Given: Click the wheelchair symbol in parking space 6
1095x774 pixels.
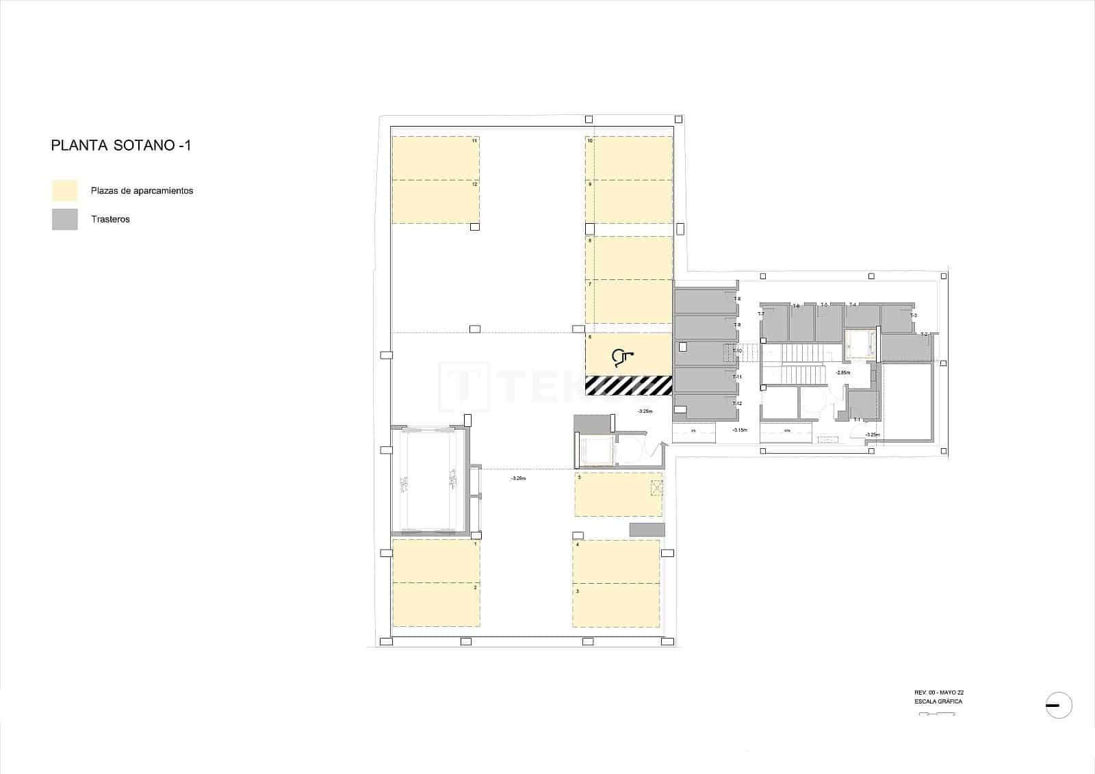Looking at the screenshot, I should pos(622,355).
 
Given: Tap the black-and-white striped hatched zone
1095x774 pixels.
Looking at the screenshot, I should pos(628,386).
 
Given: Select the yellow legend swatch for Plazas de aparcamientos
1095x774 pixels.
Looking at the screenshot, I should pos(65,191).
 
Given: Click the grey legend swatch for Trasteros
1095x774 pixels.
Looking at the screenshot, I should pos(65,220).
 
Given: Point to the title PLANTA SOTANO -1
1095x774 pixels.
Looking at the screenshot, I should pos(120,146).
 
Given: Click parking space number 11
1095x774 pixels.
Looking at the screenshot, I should pos(435,158).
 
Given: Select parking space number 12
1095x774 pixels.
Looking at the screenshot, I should pos(435,201).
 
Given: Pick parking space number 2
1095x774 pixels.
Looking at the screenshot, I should pos(435,604).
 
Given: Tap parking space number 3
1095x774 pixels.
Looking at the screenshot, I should pos(617,604).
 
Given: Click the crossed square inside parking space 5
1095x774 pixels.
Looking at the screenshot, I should pos(656,487).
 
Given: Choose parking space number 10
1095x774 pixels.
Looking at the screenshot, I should pos(628,158).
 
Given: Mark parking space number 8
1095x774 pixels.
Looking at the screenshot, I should pos(628,257).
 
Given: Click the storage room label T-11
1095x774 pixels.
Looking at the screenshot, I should pos(737,377).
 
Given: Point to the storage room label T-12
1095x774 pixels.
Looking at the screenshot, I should pos(737,404).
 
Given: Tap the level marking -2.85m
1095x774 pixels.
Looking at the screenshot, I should pos(842,373).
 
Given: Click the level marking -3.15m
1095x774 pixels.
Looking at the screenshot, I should pos(739,430).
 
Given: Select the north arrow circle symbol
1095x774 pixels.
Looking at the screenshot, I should pos(1059,706).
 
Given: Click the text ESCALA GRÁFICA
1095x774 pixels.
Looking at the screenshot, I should pos(938,701).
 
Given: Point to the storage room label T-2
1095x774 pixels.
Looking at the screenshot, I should pos(923,335).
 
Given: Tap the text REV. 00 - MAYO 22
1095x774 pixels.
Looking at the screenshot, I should pos(939,693).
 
